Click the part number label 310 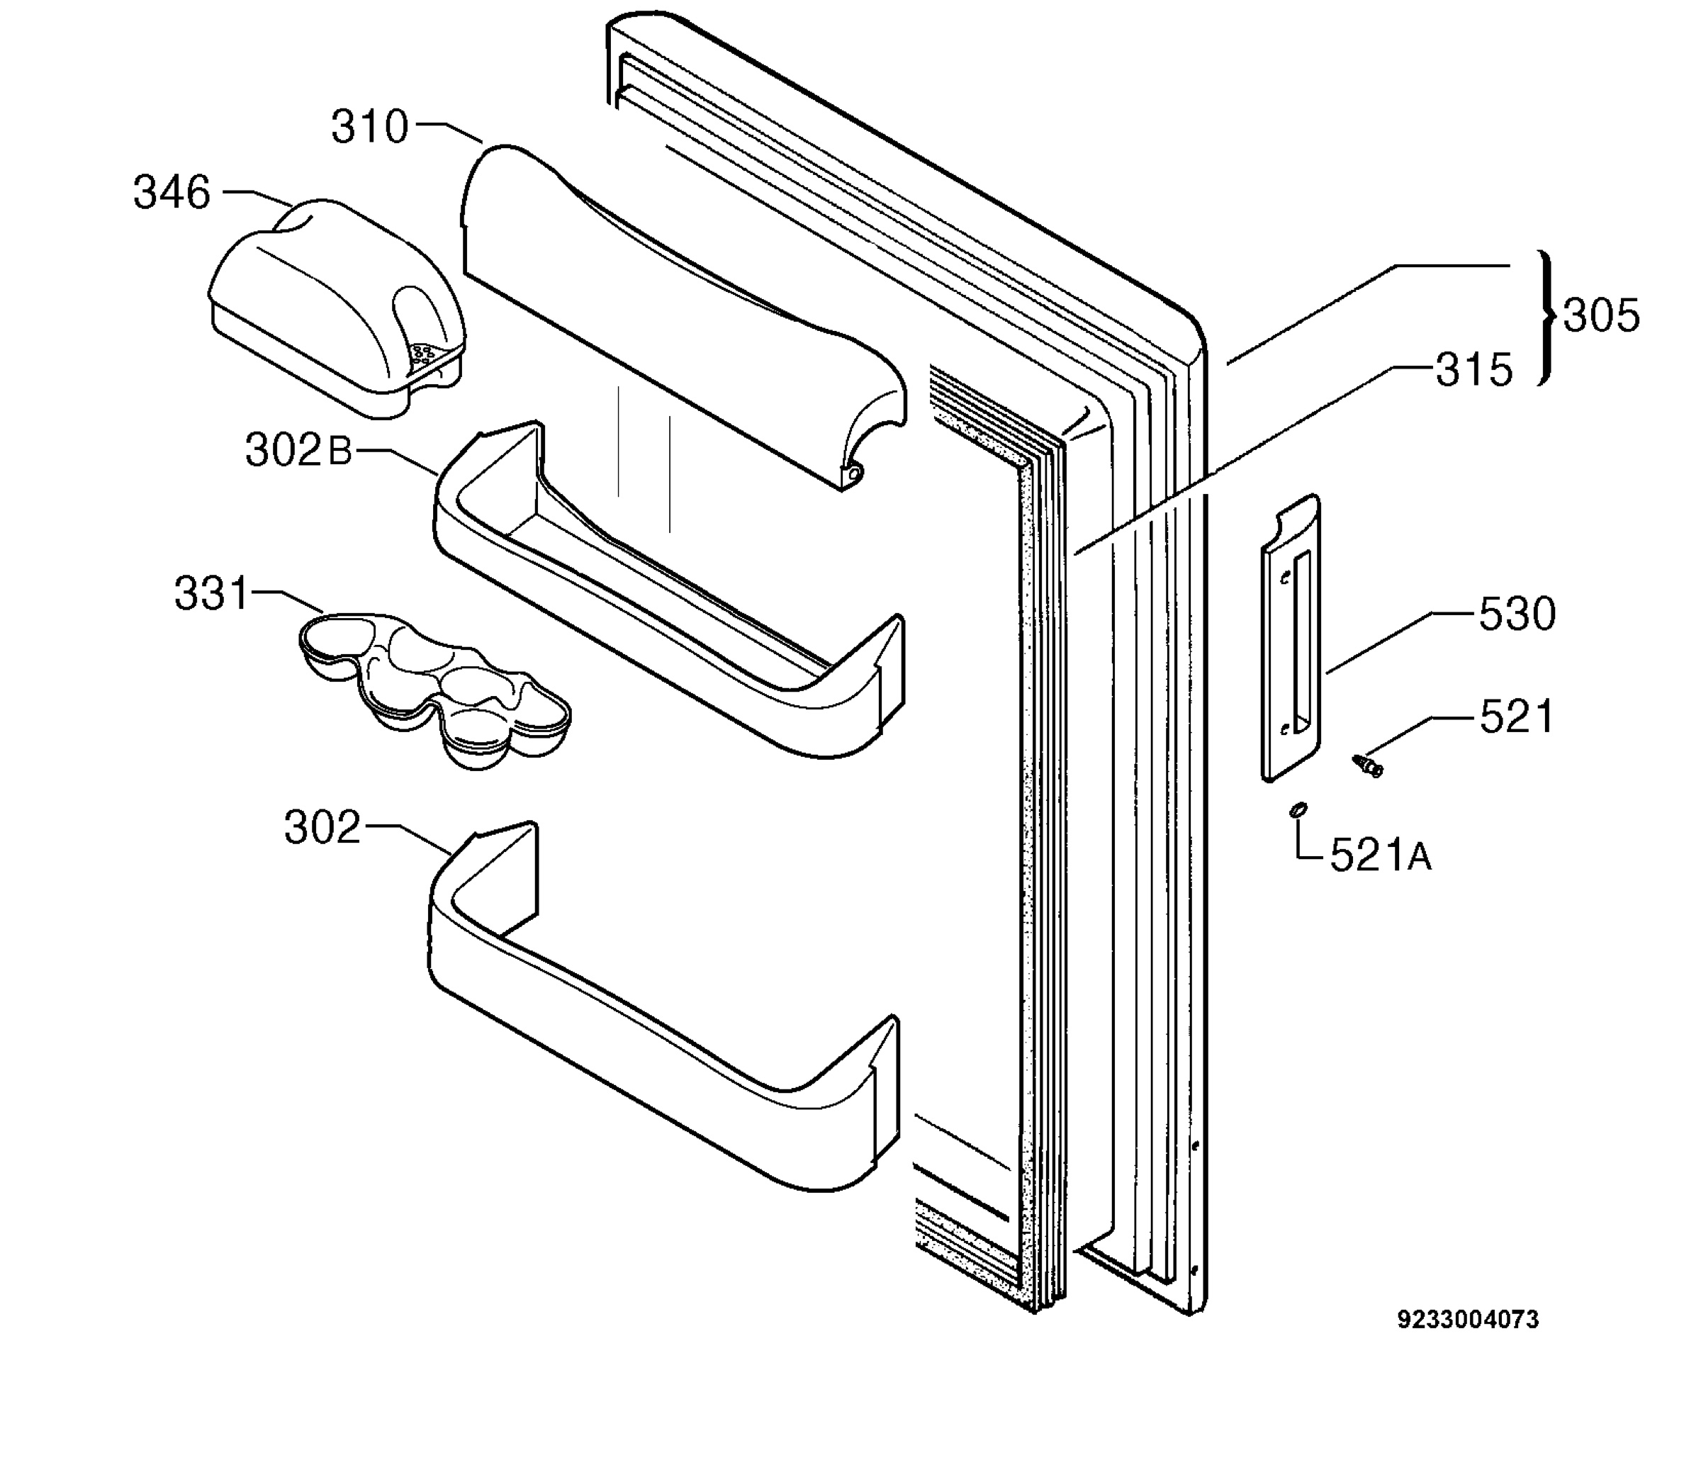370,128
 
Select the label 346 172,193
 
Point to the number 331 211,594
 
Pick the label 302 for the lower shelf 322,827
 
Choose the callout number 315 1474,370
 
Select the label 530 1517,614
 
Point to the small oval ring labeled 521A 1298,809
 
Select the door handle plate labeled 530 1290,636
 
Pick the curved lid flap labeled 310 683,318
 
